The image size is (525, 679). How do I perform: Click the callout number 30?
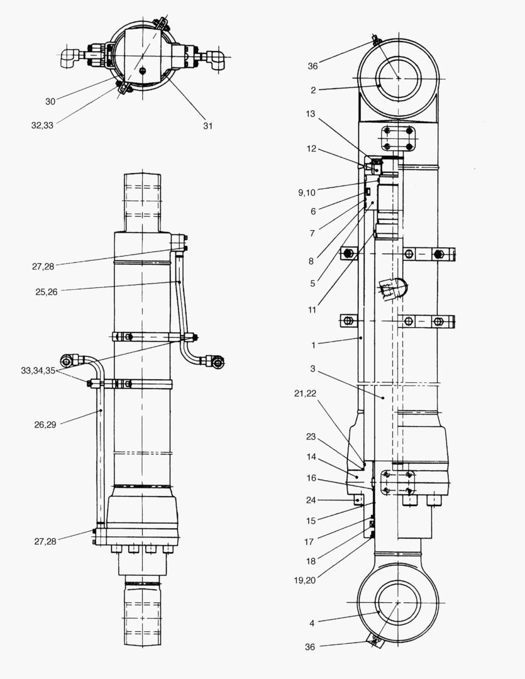50,102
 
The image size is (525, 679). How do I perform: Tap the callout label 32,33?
43,126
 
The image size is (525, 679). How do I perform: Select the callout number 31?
208,126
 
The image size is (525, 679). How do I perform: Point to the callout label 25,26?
47,292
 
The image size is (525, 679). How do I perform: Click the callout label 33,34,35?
38,371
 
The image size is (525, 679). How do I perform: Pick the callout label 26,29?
45,425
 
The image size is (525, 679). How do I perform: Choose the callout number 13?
311,114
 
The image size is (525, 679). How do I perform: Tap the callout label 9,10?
307,193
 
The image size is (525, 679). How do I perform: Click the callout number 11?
312,310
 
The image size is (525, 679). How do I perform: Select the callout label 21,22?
306,394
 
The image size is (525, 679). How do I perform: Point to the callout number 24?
311,500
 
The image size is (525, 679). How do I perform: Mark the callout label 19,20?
305,580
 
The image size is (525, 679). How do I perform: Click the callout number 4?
312,624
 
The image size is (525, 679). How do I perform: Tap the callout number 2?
313,91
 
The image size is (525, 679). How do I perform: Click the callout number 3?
312,369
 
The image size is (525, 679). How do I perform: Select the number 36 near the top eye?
312,66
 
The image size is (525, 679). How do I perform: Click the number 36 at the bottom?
310,648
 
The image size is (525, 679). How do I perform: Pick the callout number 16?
311,478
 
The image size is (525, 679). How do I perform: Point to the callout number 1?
313,345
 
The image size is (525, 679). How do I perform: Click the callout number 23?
311,436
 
